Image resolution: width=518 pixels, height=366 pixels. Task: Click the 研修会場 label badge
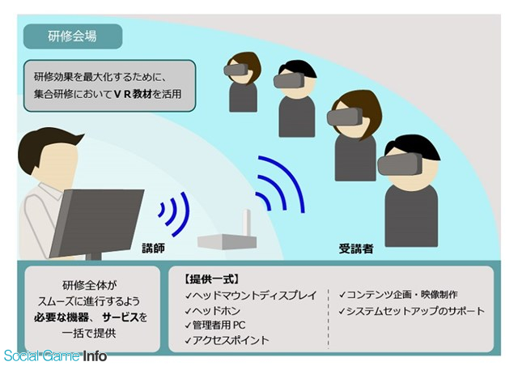[73, 36]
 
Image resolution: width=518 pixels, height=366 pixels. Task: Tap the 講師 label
[153, 248]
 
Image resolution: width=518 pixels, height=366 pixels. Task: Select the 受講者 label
[356, 249]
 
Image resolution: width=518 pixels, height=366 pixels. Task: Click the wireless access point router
[227, 241]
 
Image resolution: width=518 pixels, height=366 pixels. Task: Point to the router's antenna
[247, 223]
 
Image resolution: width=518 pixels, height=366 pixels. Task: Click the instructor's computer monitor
[97, 222]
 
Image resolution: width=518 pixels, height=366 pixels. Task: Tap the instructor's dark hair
[46, 146]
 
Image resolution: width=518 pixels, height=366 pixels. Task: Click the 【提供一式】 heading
[211, 279]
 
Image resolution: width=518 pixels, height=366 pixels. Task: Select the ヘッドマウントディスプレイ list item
[251, 296]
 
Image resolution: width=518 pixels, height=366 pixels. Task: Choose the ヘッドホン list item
[213, 311]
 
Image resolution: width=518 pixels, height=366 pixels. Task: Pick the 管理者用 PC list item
[215, 326]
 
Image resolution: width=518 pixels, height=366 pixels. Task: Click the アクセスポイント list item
[227, 340]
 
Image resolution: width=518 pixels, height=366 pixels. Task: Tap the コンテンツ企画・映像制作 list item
[398, 295]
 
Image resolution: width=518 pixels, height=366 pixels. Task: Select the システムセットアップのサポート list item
[412, 311]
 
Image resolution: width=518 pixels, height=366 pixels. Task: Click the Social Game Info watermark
[55, 355]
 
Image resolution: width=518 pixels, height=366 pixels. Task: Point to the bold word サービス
[121, 317]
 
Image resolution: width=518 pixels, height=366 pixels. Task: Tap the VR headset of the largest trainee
[400, 164]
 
